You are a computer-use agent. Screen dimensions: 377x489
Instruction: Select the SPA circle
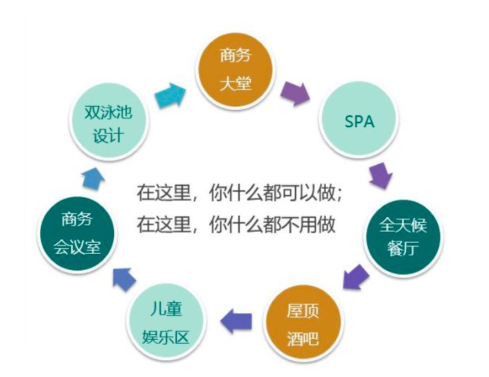[x=358, y=122]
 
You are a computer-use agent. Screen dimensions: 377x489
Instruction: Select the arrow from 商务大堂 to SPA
[x=296, y=93]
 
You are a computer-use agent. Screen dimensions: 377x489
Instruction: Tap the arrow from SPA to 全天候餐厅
[x=380, y=175]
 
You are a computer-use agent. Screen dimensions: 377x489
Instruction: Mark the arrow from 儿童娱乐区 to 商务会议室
[x=124, y=277]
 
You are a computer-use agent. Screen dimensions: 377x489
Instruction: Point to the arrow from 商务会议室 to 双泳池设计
[x=91, y=178]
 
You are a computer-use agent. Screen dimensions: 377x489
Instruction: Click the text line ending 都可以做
[x=239, y=194]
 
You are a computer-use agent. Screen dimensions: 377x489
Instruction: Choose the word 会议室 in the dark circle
[x=77, y=248]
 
